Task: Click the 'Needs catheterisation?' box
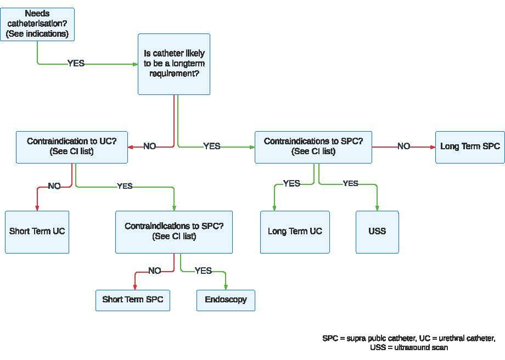(x=38, y=24)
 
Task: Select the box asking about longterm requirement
(x=173, y=64)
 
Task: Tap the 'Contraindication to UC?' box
(x=72, y=147)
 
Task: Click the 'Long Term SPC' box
(x=470, y=147)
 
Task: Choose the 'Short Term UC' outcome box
(x=37, y=231)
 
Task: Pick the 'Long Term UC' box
(x=295, y=231)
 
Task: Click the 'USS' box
(x=377, y=231)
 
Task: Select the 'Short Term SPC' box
(x=132, y=300)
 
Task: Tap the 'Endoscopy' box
(x=226, y=300)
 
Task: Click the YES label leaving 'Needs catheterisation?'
(x=76, y=63)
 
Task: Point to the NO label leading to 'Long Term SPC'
(x=403, y=146)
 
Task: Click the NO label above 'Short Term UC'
(x=54, y=186)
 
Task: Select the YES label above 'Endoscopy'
(x=203, y=271)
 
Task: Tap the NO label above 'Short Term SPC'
(x=155, y=271)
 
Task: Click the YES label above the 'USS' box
(x=350, y=183)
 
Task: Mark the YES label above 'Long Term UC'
(x=291, y=183)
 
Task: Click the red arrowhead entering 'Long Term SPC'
(x=432, y=147)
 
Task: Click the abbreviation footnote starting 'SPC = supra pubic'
(x=409, y=342)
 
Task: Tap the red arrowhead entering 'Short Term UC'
(x=37, y=207)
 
